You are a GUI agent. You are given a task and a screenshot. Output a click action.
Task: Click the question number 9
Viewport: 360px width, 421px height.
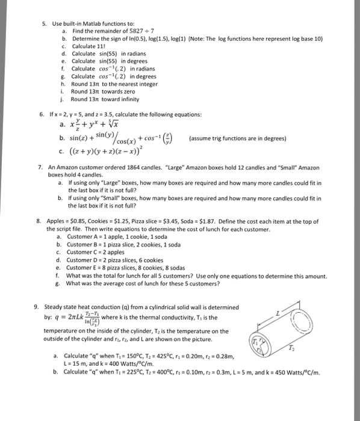37,307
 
